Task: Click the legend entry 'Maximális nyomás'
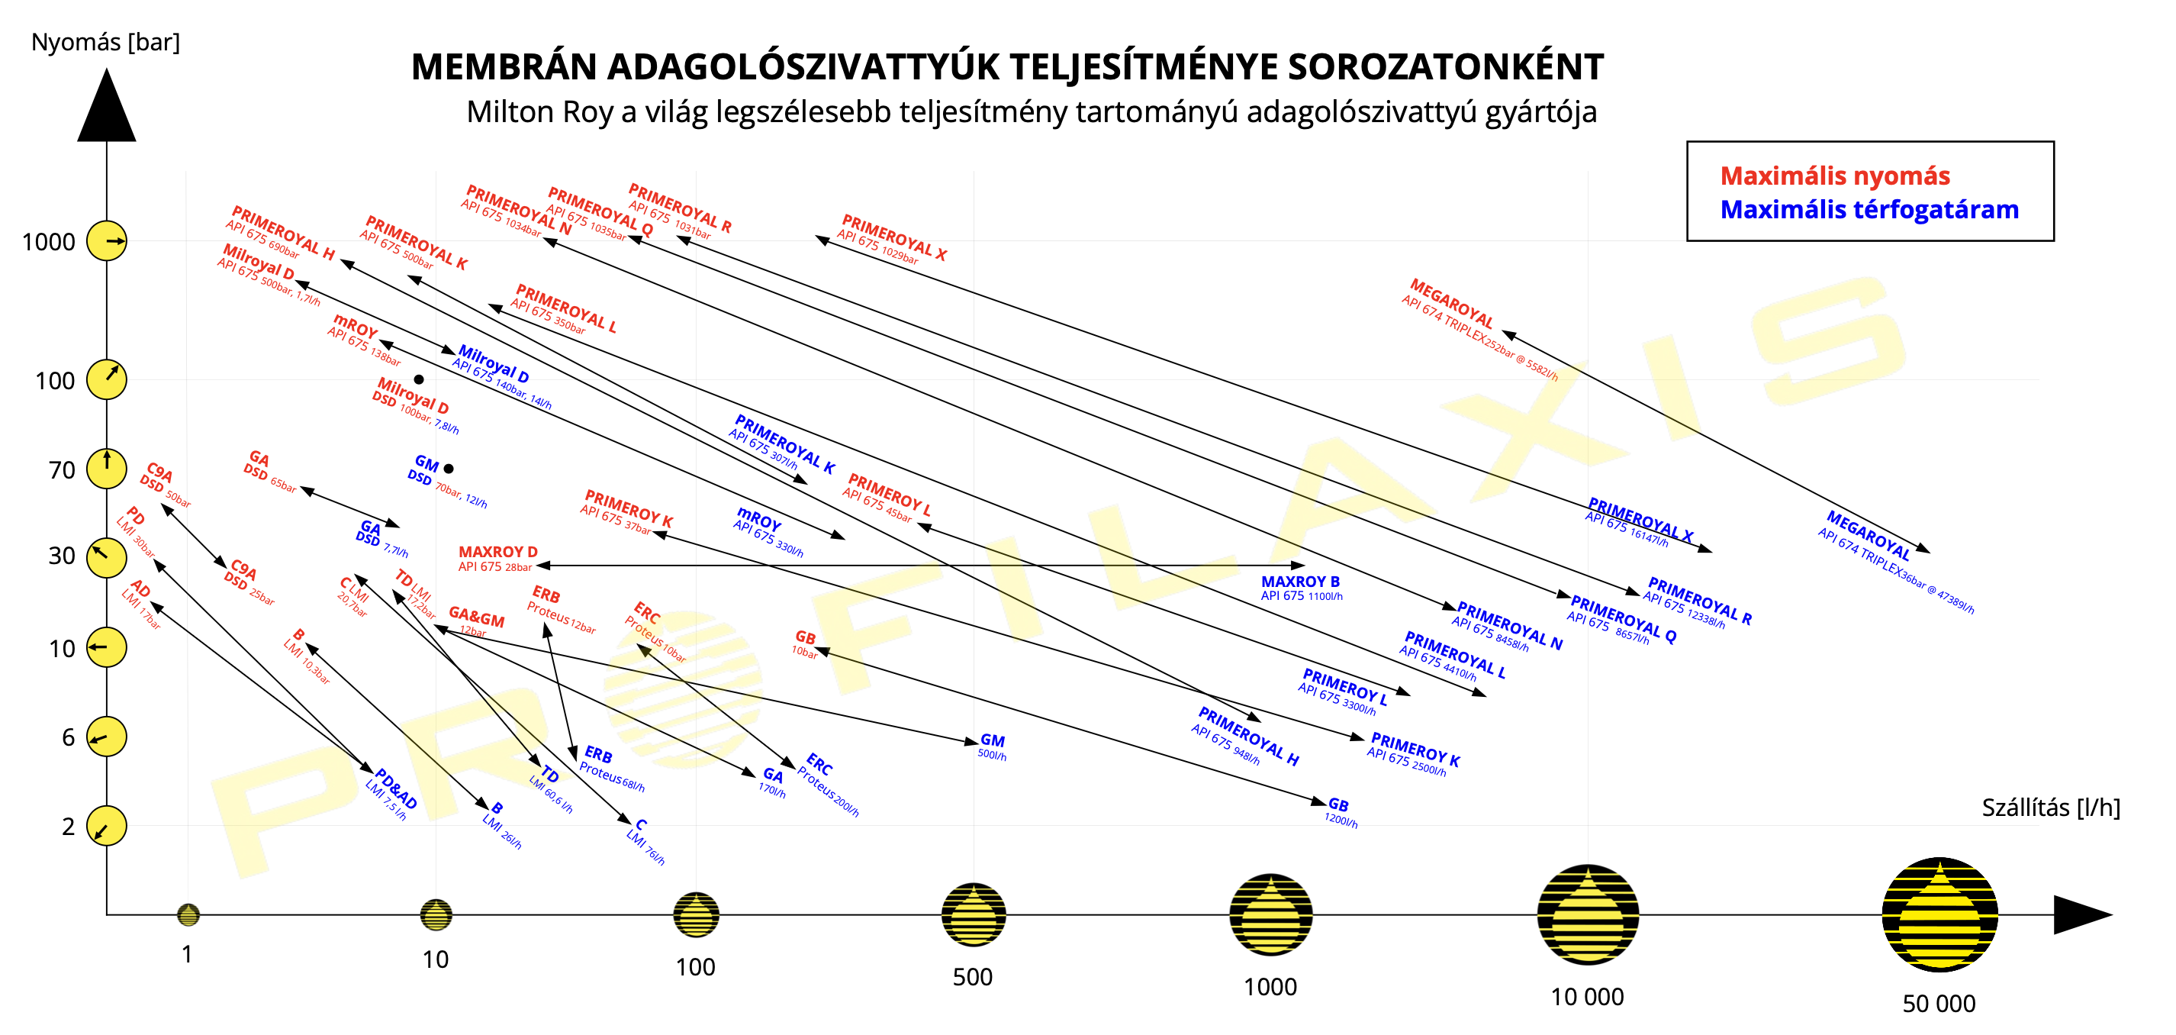pos(1835,176)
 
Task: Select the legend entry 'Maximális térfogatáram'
pos(1869,210)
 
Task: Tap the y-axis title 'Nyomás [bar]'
pos(105,42)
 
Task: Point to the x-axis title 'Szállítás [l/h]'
pos(2050,808)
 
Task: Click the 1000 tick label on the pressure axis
pos(49,243)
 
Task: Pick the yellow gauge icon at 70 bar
pos(108,468)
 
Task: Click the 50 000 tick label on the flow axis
pos(1939,1004)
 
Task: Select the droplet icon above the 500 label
pos(973,914)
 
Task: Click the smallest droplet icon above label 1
pos(188,914)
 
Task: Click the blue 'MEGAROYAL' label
pos(1868,535)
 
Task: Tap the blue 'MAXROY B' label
pos(1300,582)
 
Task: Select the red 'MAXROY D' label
pos(497,552)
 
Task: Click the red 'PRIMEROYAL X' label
pos(893,237)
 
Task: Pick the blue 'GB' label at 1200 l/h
pos(1338,805)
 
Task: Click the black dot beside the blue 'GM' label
pos(449,468)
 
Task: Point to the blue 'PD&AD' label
pos(395,788)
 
